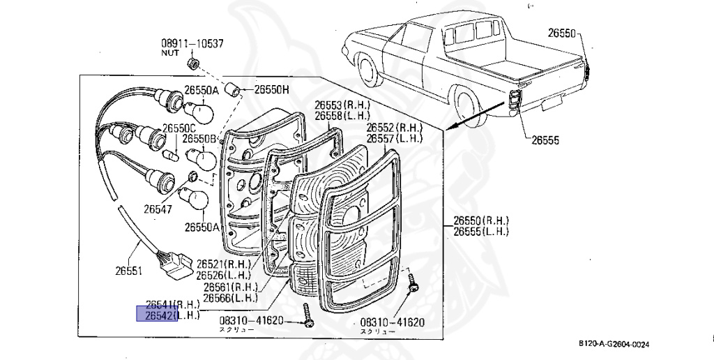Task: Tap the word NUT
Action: pyautogui.click(x=170, y=53)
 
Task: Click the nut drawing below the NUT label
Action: pyautogui.click(x=194, y=65)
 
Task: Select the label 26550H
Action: pyautogui.click(x=271, y=89)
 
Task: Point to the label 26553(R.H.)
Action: pyautogui.click(x=342, y=105)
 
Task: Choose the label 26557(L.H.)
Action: pyautogui.click(x=395, y=138)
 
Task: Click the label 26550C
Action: pyautogui.click(x=180, y=129)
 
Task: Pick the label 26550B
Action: pyautogui.click(x=199, y=138)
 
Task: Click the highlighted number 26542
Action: pyautogui.click(x=158, y=315)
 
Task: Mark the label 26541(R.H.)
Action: pyautogui.click(x=172, y=305)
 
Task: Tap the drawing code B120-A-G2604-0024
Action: pyautogui.click(x=614, y=344)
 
